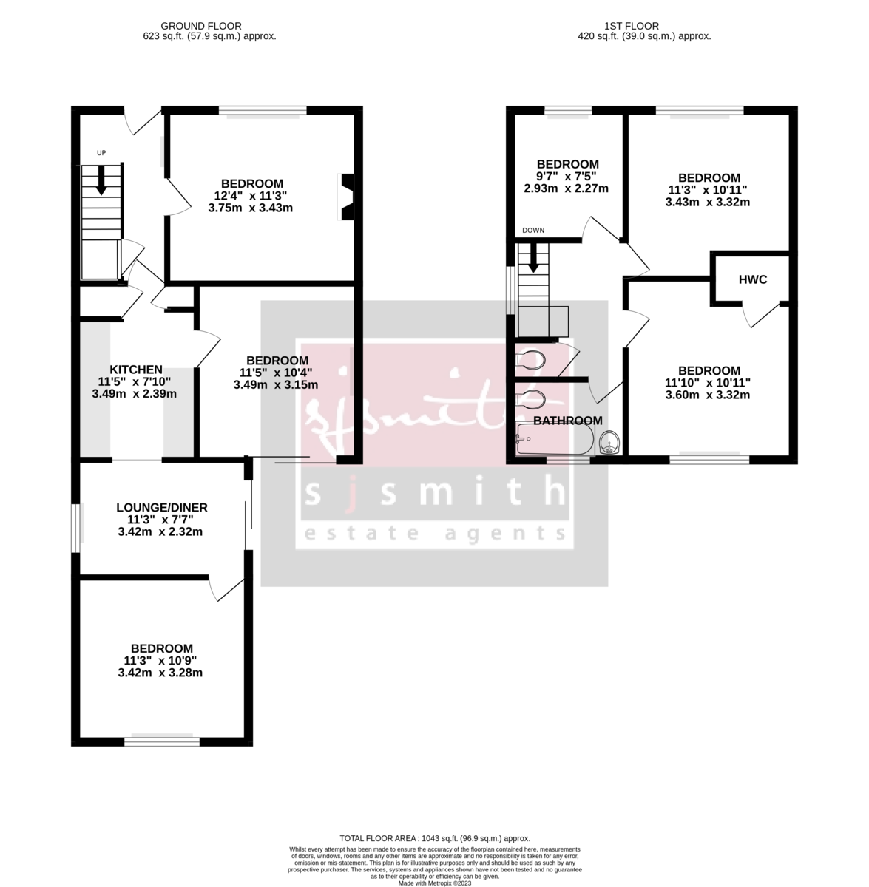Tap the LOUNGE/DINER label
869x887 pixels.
click(x=162, y=508)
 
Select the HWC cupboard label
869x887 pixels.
click(x=753, y=279)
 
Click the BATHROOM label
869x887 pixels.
click(x=568, y=421)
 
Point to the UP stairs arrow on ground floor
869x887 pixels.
click(x=101, y=182)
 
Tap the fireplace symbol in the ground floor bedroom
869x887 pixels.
click(x=346, y=197)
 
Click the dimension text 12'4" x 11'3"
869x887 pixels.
click(x=251, y=196)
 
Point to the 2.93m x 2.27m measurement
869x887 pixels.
click(x=567, y=188)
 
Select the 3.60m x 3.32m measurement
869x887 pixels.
click(x=708, y=395)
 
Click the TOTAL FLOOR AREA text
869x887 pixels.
click(x=435, y=838)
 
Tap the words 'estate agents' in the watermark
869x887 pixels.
click(x=436, y=534)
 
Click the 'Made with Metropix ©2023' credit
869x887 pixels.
click(x=435, y=883)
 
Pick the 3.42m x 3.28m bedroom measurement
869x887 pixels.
click(x=160, y=673)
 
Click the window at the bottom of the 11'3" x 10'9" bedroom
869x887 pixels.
click(x=162, y=741)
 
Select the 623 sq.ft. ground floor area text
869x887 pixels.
click(x=209, y=35)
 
